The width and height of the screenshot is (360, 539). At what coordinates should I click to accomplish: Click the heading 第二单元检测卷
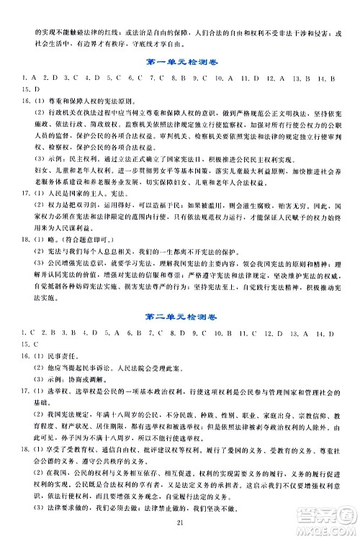tap(180, 314)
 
